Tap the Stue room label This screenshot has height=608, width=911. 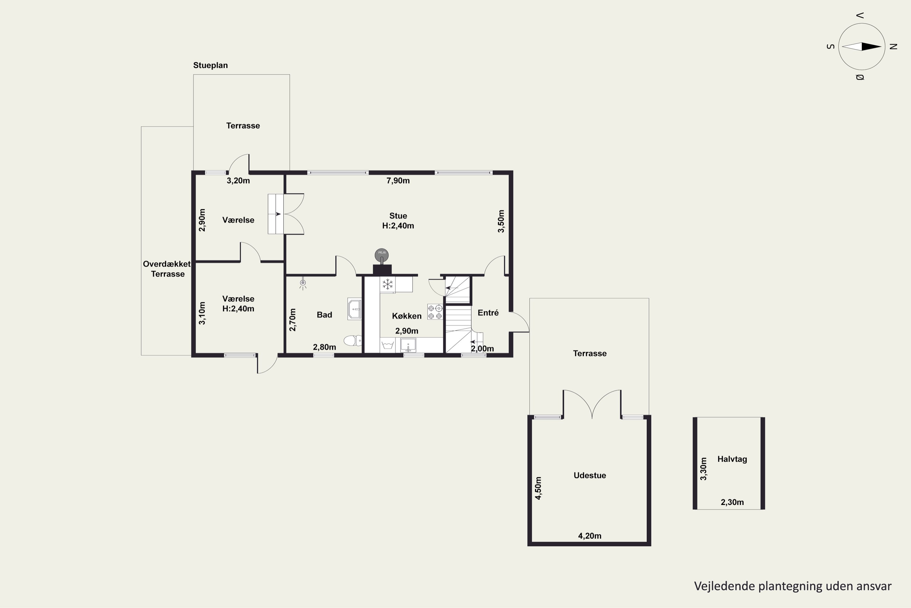coord(398,216)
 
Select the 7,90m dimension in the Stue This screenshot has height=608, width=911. coord(398,181)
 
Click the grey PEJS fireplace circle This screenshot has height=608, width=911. coord(381,254)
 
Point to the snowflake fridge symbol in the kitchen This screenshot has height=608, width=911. coord(387,284)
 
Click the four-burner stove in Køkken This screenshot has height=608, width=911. coord(435,312)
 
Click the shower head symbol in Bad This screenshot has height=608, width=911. coord(303,284)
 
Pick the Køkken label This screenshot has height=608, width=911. coord(407,316)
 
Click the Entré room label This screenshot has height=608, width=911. coord(488,313)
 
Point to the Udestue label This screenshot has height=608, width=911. coord(589,475)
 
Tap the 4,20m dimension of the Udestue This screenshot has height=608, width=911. coord(589,536)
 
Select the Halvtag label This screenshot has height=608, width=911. coord(732,459)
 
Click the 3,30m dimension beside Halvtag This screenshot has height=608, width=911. coord(703,469)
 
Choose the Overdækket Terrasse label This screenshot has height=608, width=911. coord(167,269)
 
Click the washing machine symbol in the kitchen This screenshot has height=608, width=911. coord(387,344)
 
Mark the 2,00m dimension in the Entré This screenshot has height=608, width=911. coord(482,349)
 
